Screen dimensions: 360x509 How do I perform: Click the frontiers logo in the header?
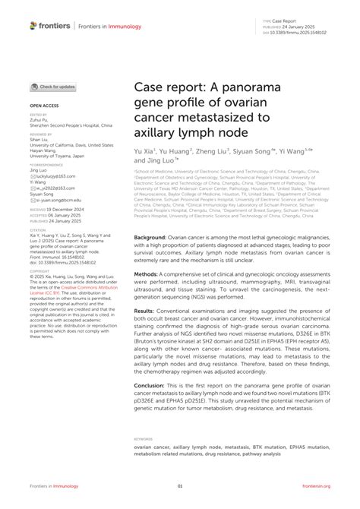pos(49,25)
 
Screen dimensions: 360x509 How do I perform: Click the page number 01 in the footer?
pos(180,486)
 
